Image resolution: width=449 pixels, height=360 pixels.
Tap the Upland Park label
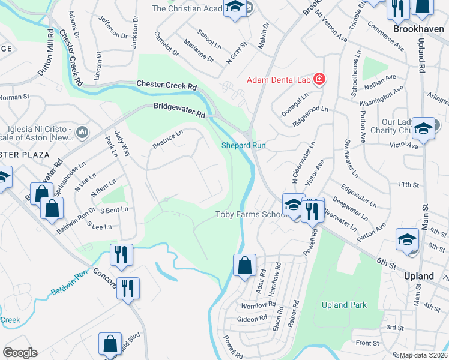[x=344, y=305]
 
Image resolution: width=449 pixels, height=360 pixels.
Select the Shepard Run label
[x=244, y=145]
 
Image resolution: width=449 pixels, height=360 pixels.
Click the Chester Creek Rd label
[x=167, y=85]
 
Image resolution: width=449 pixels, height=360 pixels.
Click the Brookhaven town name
[x=418, y=28]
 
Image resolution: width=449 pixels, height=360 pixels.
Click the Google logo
[x=20, y=353]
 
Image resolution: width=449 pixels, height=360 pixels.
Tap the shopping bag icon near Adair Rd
[x=244, y=265]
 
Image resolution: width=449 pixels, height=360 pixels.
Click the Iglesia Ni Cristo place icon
[x=83, y=131]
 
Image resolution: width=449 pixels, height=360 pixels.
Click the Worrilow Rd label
[x=258, y=305]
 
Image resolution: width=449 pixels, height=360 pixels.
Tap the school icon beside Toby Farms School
[x=293, y=206]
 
